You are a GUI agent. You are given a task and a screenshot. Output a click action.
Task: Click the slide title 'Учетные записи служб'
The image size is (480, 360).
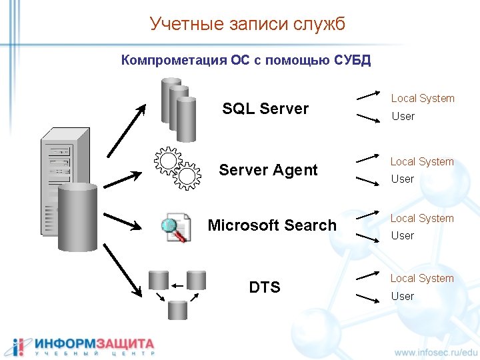247,25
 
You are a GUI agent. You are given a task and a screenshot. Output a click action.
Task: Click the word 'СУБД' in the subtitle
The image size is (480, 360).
348,61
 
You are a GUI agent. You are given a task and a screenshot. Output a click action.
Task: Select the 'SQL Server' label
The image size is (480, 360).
265,109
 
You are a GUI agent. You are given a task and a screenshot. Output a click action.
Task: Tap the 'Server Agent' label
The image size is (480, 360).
268,170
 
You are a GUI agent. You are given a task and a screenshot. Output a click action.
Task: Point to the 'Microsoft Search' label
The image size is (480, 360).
272,225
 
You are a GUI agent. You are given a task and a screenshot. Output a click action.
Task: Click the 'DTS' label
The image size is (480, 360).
265,287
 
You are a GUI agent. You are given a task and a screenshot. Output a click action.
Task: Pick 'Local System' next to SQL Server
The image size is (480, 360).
423,99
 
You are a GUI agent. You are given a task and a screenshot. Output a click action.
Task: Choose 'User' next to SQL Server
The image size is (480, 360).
403,117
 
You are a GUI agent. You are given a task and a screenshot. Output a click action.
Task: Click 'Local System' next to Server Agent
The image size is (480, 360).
422,161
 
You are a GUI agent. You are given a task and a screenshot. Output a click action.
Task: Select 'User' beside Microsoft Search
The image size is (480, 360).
403,235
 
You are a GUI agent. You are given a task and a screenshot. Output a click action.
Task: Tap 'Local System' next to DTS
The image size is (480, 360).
422,278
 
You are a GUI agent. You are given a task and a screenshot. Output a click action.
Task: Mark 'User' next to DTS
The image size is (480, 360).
403,296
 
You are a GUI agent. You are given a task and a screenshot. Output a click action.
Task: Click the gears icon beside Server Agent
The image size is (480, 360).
177,167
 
